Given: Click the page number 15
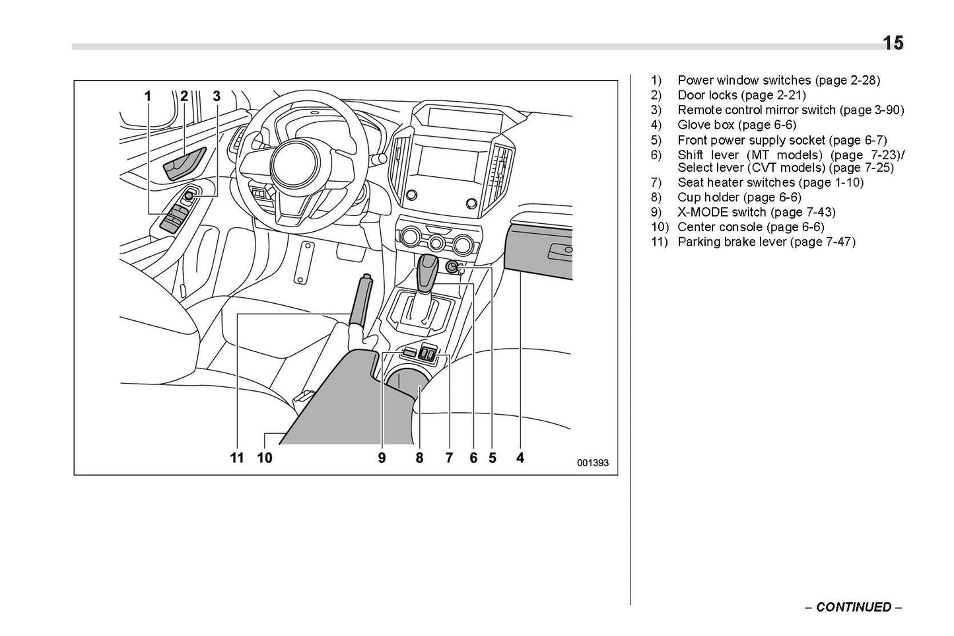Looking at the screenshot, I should [x=893, y=44].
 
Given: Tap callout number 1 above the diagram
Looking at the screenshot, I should [x=149, y=96].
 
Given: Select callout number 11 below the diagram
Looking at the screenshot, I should [x=237, y=458].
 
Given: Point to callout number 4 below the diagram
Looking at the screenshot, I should [x=520, y=458].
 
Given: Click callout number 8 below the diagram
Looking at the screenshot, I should [x=419, y=458].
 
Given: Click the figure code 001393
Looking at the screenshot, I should [x=592, y=463].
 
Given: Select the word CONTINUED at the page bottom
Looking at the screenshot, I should [x=853, y=607].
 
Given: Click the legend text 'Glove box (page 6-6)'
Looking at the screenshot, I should [x=736, y=125].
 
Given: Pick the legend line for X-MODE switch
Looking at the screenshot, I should [x=756, y=212].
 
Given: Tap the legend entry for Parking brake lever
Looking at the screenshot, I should [x=766, y=242].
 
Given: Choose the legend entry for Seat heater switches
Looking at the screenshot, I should [x=770, y=182].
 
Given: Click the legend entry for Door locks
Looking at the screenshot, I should [x=741, y=95].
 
